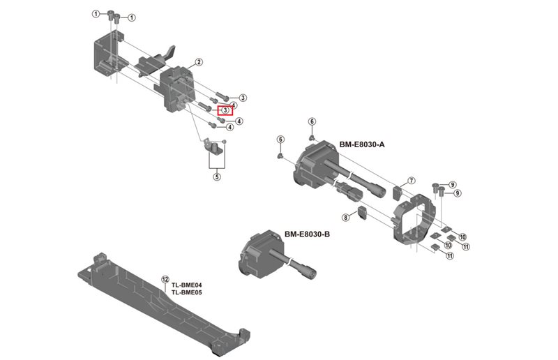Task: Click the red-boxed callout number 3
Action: [x=226, y=110]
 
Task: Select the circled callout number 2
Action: [x=199, y=62]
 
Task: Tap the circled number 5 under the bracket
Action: [x=217, y=177]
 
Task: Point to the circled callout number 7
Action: [x=412, y=181]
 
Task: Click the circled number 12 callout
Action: [x=165, y=278]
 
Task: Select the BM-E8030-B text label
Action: [x=307, y=234]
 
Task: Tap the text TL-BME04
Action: [x=187, y=285]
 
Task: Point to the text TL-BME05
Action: [x=187, y=293]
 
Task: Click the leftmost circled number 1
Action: [x=96, y=14]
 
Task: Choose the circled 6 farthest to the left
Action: [x=280, y=140]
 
